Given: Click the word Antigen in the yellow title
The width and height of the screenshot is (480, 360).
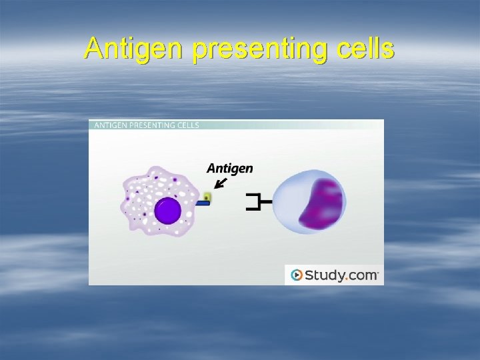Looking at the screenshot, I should click(x=133, y=49).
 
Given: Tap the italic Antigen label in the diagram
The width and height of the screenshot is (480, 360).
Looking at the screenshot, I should click(x=229, y=168).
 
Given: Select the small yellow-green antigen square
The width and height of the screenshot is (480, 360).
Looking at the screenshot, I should click(x=207, y=197).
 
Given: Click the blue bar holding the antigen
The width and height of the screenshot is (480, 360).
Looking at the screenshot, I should click(x=202, y=203).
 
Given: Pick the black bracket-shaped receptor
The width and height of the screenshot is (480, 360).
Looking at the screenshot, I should click(x=255, y=201).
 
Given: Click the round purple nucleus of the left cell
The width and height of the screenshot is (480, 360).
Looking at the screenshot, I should click(x=167, y=211).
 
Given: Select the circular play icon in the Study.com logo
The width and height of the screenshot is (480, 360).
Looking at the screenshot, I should click(x=297, y=275).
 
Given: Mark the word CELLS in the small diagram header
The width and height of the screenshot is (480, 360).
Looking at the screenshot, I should click(x=189, y=125).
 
